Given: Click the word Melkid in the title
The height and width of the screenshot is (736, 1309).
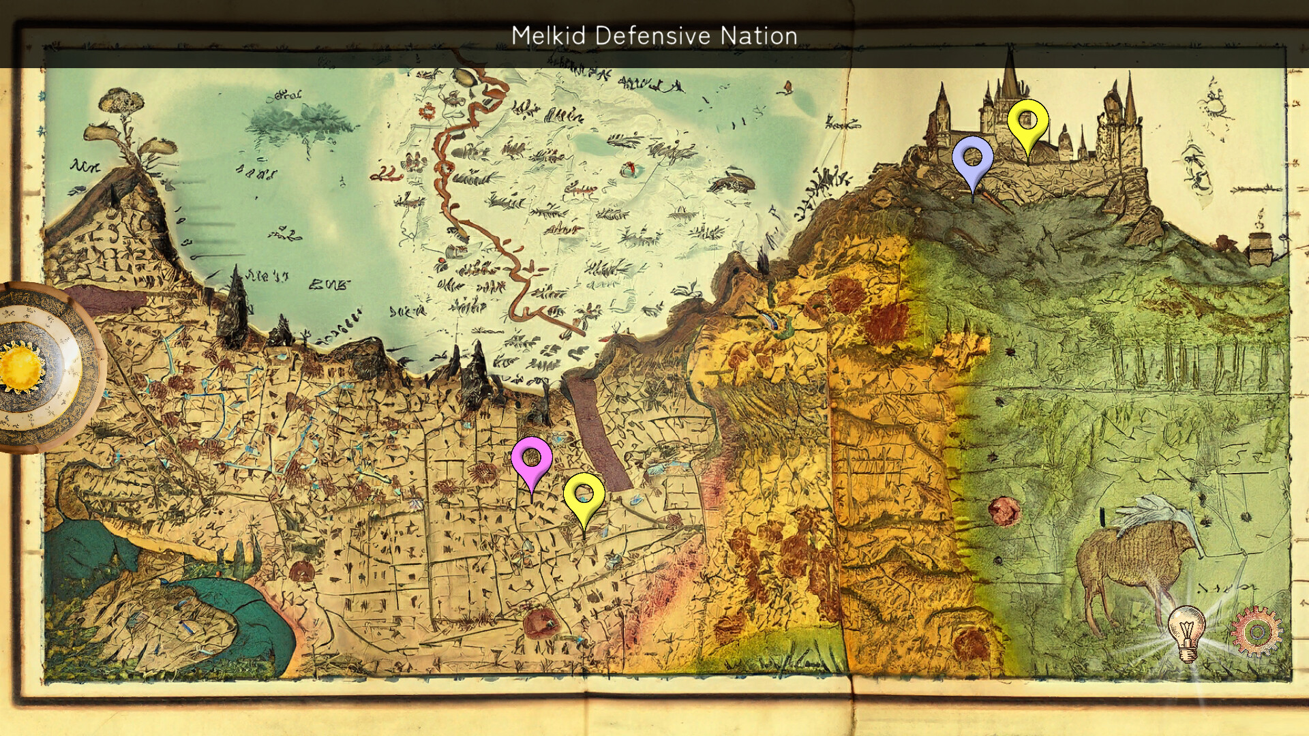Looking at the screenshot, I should click(547, 35).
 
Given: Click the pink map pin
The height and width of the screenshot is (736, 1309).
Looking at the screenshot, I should click(531, 459).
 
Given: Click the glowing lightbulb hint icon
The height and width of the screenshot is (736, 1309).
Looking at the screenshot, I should click(1186, 632).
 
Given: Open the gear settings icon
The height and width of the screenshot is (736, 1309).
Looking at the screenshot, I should click(1256, 630).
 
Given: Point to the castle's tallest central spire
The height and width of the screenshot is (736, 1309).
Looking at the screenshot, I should click(1010, 75).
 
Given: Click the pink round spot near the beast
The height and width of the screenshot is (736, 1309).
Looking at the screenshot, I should click(1004, 510).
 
